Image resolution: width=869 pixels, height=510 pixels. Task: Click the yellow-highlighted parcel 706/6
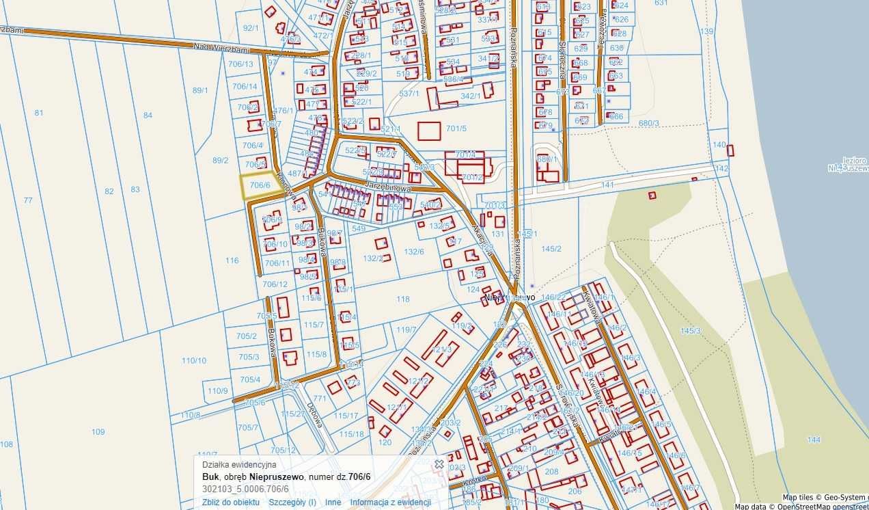[258, 186]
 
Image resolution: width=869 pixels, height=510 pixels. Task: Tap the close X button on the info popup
[439, 464]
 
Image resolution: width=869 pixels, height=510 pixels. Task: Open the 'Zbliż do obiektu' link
[231, 502]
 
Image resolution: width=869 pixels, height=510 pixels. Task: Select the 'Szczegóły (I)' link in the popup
[292, 502]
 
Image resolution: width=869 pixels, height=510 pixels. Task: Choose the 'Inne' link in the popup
[333, 502]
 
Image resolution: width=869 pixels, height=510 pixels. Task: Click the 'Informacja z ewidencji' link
[390, 502]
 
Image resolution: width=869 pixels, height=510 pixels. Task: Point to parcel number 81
[39, 113]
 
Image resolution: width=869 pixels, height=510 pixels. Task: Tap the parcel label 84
[148, 115]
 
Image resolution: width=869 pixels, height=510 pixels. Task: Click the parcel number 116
[232, 260]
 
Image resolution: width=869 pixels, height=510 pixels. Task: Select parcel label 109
[98, 431]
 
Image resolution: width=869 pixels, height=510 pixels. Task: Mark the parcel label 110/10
[193, 360]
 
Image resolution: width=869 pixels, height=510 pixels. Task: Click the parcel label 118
[403, 299]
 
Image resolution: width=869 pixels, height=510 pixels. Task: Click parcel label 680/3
[648, 123]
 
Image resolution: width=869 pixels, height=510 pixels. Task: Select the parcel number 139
[706, 31]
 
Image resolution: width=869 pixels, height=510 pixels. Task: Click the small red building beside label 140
[730, 150]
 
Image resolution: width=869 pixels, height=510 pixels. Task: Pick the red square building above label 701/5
[430, 131]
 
